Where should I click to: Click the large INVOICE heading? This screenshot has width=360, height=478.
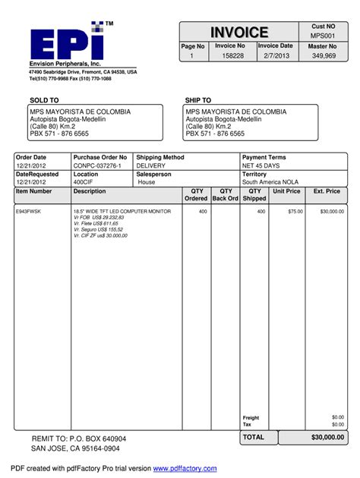click(240, 33)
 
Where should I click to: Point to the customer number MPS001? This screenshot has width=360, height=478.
click(323, 36)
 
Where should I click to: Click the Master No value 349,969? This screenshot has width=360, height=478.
click(324, 56)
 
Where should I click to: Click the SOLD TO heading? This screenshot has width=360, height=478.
click(44, 100)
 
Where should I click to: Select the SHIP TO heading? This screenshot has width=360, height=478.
click(198, 100)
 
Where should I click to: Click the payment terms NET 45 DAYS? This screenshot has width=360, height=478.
click(261, 165)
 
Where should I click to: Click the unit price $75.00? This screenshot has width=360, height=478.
click(295, 212)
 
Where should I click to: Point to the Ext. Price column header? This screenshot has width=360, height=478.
click(327, 192)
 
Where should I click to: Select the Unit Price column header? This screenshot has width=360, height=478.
click(287, 192)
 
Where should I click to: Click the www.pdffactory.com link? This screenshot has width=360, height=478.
click(185, 469)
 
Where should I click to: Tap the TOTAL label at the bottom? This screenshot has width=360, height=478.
click(254, 438)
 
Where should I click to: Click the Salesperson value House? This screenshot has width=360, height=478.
click(147, 183)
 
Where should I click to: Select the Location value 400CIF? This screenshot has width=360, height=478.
click(84, 183)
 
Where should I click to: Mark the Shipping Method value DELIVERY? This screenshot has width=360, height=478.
click(152, 165)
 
